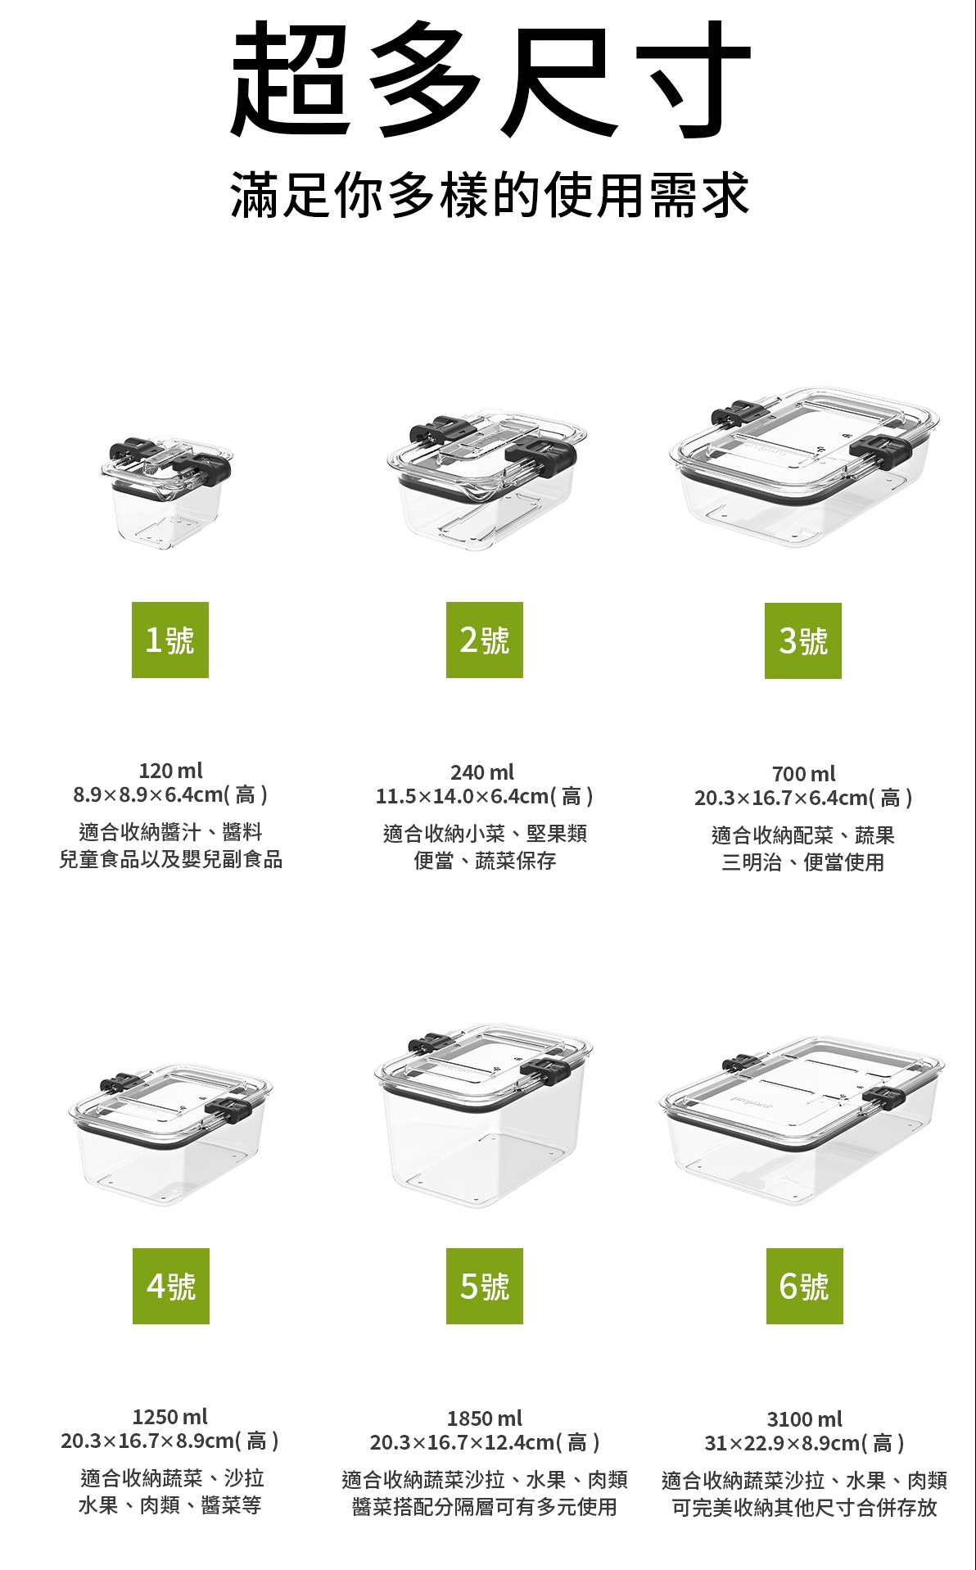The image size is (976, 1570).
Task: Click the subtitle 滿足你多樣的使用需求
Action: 490,195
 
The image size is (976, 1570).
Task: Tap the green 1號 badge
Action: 170,640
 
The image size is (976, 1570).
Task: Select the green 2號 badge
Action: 485,640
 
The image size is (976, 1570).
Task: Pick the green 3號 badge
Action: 803,640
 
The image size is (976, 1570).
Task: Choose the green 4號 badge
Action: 171,1286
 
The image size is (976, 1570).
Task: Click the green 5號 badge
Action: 485,1286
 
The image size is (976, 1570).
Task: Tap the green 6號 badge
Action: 805,1286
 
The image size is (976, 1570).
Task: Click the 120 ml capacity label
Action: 170,771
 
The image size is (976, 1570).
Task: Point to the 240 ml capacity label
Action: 482,772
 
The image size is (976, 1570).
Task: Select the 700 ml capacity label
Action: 804,774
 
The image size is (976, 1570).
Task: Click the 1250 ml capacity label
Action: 170,1417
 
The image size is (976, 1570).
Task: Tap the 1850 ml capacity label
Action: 485,1418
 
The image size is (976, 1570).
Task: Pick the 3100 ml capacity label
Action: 805,1419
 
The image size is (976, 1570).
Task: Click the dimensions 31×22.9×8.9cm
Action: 783,1443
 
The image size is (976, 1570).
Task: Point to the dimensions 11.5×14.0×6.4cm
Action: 462,796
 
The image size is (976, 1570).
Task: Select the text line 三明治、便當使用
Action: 803,862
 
